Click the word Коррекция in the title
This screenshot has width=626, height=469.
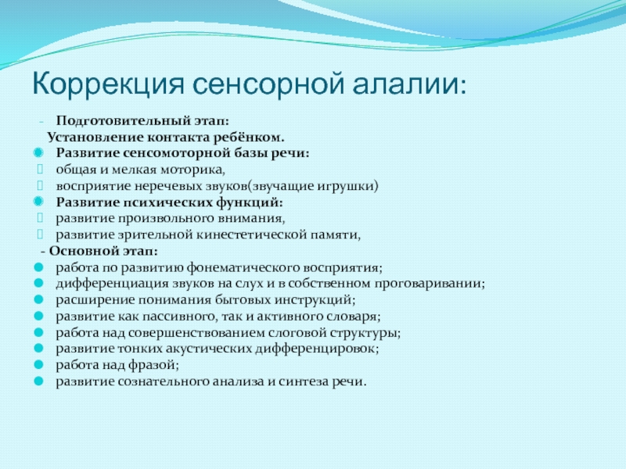tap(108, 84)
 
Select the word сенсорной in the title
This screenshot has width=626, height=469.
tap(268, 84)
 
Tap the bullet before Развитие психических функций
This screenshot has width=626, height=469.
tap(38, 202)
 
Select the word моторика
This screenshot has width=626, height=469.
tap(192, 170)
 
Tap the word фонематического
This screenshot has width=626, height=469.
tap(243, 267)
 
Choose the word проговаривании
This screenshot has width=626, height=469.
tap(428, 284)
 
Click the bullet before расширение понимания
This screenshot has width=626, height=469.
tap(38, 299)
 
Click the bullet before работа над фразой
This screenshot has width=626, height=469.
tap(38, 364)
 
